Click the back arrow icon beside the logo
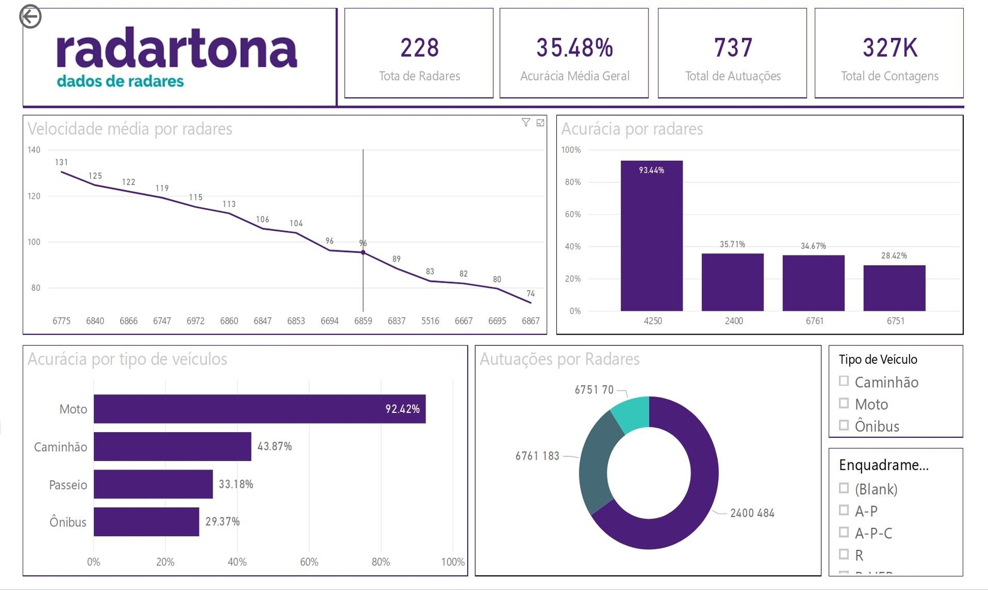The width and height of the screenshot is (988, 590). point(30,16)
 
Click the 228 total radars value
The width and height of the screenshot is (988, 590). point(419,48)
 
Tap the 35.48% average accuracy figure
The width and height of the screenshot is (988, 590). point(574,48)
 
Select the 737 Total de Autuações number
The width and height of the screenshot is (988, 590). point(733,48)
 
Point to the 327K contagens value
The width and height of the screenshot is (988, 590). point(890,48)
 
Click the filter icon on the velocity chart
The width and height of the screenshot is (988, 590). point(526,122)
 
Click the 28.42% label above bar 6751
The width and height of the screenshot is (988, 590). point(894,256)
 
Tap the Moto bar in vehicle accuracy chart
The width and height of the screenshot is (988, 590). point(260,409)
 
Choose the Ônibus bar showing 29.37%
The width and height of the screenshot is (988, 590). point(146,522)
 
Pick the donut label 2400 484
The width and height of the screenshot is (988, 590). point(752,513)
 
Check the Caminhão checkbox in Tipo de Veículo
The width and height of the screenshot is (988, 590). point(844,381)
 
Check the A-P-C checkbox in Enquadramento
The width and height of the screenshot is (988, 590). point(844,532)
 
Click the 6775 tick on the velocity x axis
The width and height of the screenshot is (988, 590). point(62,321)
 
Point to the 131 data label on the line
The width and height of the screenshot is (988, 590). point(62,162)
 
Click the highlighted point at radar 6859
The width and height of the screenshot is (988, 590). point(363,253)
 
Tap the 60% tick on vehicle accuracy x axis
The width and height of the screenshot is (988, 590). point(309,562)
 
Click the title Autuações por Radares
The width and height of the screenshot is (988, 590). point(560,359)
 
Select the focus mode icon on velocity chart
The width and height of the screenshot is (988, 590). point(541,122)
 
